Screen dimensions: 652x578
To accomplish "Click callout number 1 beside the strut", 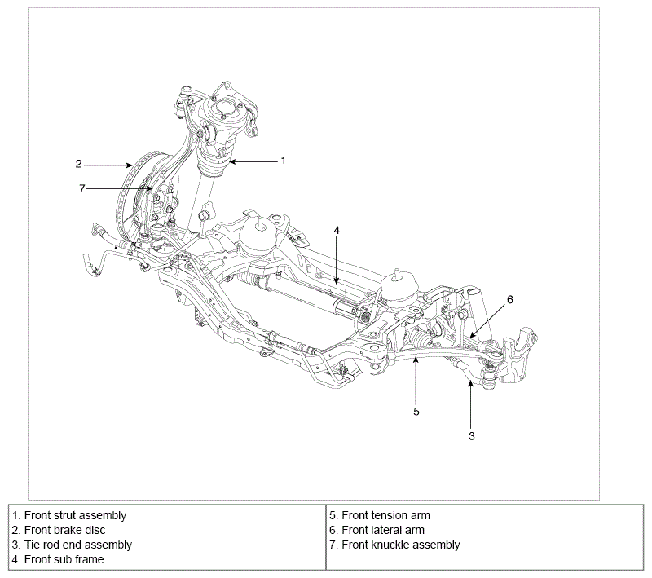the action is (x=283, y=161).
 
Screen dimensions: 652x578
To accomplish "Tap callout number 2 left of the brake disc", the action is (x=78, y=164).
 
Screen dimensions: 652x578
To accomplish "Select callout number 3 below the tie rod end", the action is (x=472, y=436).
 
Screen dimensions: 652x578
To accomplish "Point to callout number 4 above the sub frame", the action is (x=337, y=231).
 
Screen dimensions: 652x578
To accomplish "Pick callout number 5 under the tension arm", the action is (x=416, y=412).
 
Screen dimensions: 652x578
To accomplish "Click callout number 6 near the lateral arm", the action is (x=510, y=299).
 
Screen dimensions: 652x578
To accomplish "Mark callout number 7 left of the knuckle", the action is (x=82, y=189).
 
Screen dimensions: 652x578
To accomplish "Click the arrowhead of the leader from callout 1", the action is (x=232, y=161).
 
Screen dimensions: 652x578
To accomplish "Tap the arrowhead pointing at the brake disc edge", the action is (x=130, y=165).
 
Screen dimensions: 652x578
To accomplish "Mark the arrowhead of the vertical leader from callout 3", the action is (x=470, y=383).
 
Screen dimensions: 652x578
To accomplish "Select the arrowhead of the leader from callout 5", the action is (x=416, y=359).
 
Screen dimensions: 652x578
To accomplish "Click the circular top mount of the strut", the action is (x=223, y=109).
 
